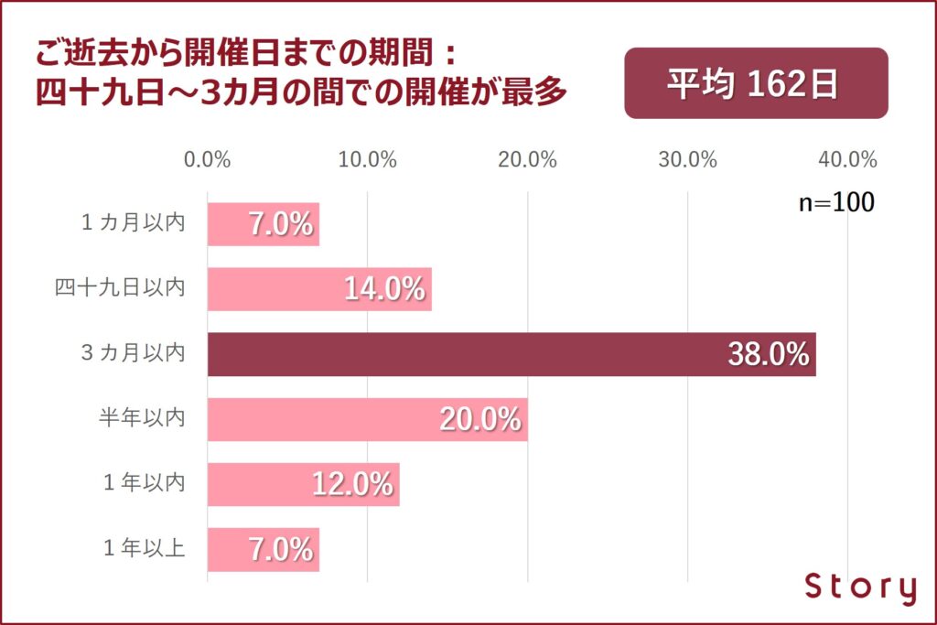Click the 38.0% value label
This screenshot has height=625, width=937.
[x=769, y=354]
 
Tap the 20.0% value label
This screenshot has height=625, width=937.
[x=480, y=419]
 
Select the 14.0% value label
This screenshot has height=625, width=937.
[x=384, y=289]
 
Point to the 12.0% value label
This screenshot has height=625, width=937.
[x=352, y=484]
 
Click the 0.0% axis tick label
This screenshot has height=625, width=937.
[x=207, y=159]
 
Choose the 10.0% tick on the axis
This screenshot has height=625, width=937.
[x=368, y=159]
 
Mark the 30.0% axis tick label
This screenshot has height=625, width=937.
[x=688, y=159]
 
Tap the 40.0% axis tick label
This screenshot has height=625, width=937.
[x=848, y=159]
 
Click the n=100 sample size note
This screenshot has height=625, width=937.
[x=836, y=203]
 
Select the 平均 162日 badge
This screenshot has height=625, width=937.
[x=756, y=83]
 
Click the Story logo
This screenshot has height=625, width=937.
[x=860, y=587]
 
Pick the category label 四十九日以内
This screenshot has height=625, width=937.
[x=120, y=289]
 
